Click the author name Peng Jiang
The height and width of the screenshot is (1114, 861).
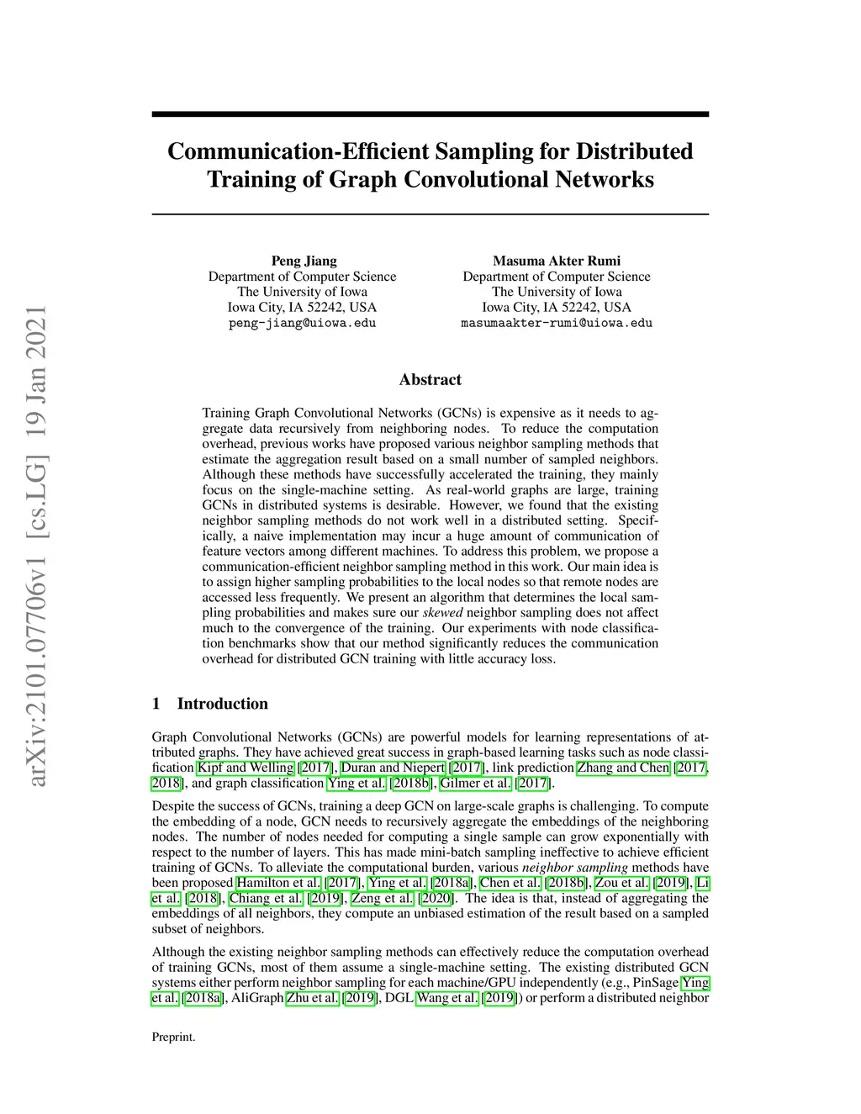pos(304,261)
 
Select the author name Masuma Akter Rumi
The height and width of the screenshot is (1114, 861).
pos(556,261)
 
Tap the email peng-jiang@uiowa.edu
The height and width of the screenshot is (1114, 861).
pos(302,323)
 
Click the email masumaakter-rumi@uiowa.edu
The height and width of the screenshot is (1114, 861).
pos(556,323)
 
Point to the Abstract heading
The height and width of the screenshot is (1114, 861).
pos(430,379)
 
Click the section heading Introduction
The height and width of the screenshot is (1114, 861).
pos(222,704)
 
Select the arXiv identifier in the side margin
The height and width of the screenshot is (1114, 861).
pos(37,546)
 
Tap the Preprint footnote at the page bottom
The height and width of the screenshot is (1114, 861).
pos(173,1037)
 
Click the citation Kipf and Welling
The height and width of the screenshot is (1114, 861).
pos(246,768)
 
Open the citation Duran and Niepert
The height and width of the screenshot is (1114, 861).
pos(393,768)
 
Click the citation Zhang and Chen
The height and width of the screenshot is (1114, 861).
pos(623,768)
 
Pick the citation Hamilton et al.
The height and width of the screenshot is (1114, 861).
pos(278,883)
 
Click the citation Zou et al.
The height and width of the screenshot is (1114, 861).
pos(621,883)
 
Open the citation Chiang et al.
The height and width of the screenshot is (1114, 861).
pos(267,898)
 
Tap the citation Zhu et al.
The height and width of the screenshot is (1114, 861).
pos(312,998)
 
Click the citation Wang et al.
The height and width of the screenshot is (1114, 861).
pos(447,998)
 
